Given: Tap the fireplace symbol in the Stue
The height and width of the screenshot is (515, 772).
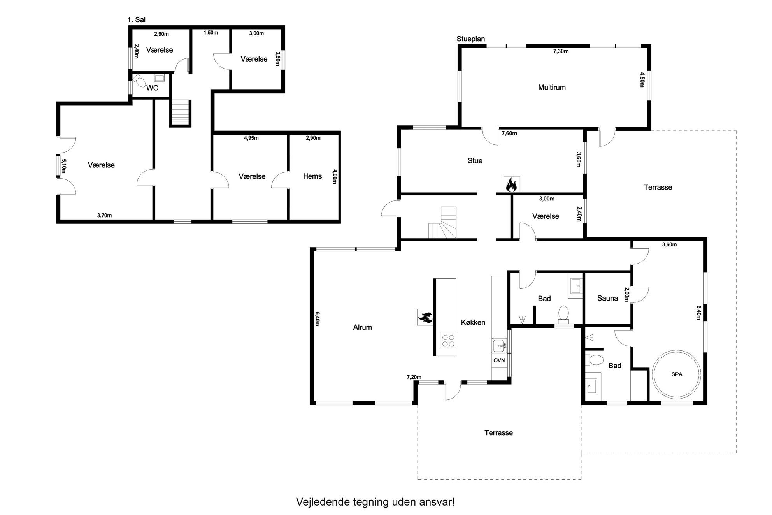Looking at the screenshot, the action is [511, 185].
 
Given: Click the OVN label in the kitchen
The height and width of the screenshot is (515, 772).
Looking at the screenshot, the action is [499, 360].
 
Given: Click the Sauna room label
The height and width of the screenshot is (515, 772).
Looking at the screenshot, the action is [607, 298].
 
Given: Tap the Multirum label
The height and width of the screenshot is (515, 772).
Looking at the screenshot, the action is [552, 88].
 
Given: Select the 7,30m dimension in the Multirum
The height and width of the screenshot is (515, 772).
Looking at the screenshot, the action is [561, 51].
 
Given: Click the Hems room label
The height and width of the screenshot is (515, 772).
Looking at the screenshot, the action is [312, 176].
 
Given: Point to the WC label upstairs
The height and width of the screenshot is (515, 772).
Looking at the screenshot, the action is [152, 88].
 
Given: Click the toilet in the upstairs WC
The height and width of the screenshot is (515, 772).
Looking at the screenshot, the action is [139, 80].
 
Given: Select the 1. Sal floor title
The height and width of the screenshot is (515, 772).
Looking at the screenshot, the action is [136, 20].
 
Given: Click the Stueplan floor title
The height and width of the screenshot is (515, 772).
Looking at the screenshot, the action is [471, 39].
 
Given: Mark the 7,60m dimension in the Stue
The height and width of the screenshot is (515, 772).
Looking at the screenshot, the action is [509, 134].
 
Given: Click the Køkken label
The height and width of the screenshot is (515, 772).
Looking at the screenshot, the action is [473, 322].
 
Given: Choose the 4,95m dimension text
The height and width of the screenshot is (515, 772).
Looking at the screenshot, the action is [251, 138].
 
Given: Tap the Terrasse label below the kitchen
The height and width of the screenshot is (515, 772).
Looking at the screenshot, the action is [498, 433].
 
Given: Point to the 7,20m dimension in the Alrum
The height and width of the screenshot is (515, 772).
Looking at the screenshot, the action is [414, 377].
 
